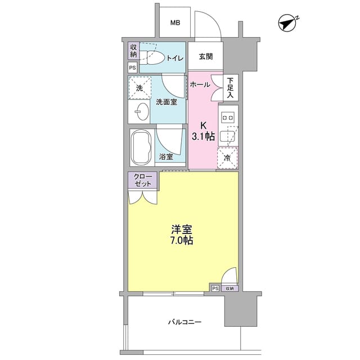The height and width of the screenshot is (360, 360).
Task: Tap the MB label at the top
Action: (x=175, y=23)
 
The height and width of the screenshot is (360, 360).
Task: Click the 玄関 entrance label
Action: (x=205, y=56)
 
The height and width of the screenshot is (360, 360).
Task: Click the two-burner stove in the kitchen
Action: (x=228, y=117)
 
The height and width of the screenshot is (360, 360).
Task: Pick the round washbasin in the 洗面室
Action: (x=139, y=113)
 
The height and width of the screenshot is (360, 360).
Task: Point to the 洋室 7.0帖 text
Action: (x=182, y=235)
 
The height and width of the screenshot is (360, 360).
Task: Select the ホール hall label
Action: (x=200, y=84)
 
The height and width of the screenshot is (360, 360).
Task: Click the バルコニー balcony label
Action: (x=184, y=322)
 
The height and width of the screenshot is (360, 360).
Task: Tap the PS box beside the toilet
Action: (x=133, y=67)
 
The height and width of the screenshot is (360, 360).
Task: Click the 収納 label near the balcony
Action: (x=229, y=289)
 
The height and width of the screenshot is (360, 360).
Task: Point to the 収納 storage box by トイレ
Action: (x=133, y=51)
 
